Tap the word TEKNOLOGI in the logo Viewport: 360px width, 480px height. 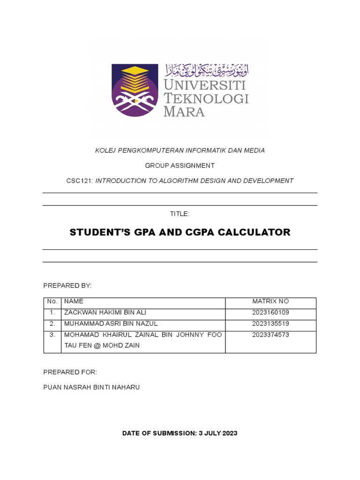point(206,99)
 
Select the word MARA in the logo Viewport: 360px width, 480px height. point(184,112)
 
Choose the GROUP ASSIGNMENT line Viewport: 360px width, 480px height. point(180,165)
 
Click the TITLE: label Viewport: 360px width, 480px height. point(180,214)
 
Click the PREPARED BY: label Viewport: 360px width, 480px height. point(67,285)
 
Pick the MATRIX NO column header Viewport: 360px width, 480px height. point(270,301)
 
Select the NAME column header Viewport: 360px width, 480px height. point(74,301)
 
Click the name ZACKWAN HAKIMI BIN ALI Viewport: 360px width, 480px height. point(108,312)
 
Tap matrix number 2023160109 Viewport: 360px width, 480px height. point(270,312)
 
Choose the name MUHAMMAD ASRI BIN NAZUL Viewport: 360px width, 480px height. point(111,323)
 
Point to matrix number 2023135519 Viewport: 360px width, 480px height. point(270,323)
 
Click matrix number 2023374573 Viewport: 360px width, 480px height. point(270,335)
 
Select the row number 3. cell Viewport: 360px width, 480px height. point(52,335)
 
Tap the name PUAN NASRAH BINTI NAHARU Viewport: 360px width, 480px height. point(91,387)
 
